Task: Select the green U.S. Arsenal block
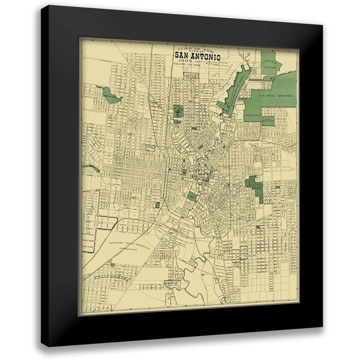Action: pos(192,197)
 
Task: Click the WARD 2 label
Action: pos(135,198)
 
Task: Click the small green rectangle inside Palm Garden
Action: pos(113,265)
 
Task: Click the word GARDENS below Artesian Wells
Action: pos(129,249)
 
